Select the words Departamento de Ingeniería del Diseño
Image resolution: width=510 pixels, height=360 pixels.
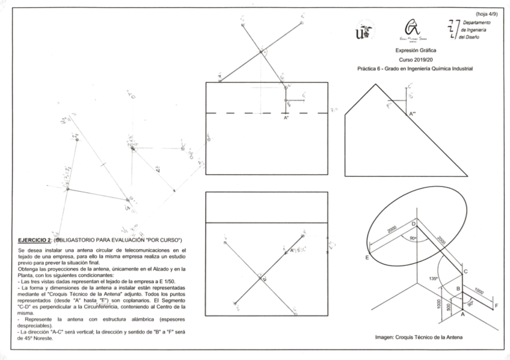tap(475, 29)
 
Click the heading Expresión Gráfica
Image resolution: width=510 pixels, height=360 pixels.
tap(416, 50)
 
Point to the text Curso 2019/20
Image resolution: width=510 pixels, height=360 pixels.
tap(416, 60)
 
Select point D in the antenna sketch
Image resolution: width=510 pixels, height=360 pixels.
tap(413, 224)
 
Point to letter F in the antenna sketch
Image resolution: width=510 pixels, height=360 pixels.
tap(496, 306)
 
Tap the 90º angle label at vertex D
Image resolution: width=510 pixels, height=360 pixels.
tap(413, 238)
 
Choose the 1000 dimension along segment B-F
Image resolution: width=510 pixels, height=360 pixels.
tap(479, 291)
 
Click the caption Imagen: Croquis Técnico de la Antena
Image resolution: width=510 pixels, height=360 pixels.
tap(419, 338)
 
